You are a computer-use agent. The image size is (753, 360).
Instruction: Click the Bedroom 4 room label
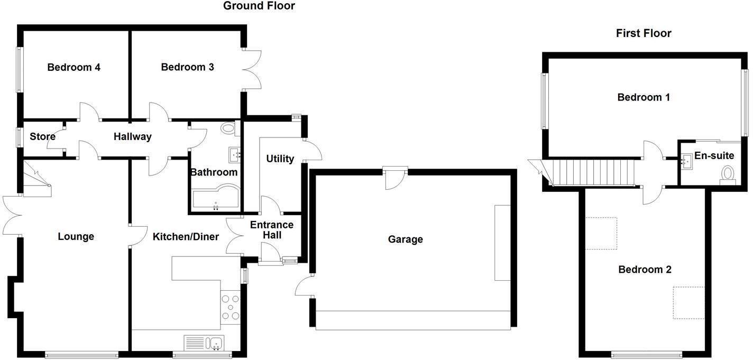(74, 68)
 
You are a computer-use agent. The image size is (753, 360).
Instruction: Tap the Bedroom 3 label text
(187, 67)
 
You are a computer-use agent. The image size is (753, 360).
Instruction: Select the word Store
(42, 137)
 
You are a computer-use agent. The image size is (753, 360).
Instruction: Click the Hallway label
(133, 137)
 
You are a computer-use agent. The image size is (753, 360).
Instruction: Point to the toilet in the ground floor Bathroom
(228, 127)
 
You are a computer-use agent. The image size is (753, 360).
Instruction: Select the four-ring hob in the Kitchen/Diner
(230, 307)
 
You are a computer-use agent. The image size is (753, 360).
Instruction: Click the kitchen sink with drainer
(204, 343)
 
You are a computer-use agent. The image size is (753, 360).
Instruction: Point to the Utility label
(280, 159)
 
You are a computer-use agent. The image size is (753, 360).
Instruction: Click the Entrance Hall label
(271, 230)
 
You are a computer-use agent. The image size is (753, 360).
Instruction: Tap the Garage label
(405, 239)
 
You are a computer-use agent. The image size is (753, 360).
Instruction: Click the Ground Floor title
(259, 6)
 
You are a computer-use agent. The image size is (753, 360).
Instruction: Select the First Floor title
(643, 33)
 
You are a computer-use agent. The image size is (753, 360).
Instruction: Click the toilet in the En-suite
(728, 174)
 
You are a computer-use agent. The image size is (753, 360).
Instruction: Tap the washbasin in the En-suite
(687, 161)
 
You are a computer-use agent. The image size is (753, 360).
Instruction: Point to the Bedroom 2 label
(645, 270)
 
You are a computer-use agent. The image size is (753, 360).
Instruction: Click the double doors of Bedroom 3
(253, 69)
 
